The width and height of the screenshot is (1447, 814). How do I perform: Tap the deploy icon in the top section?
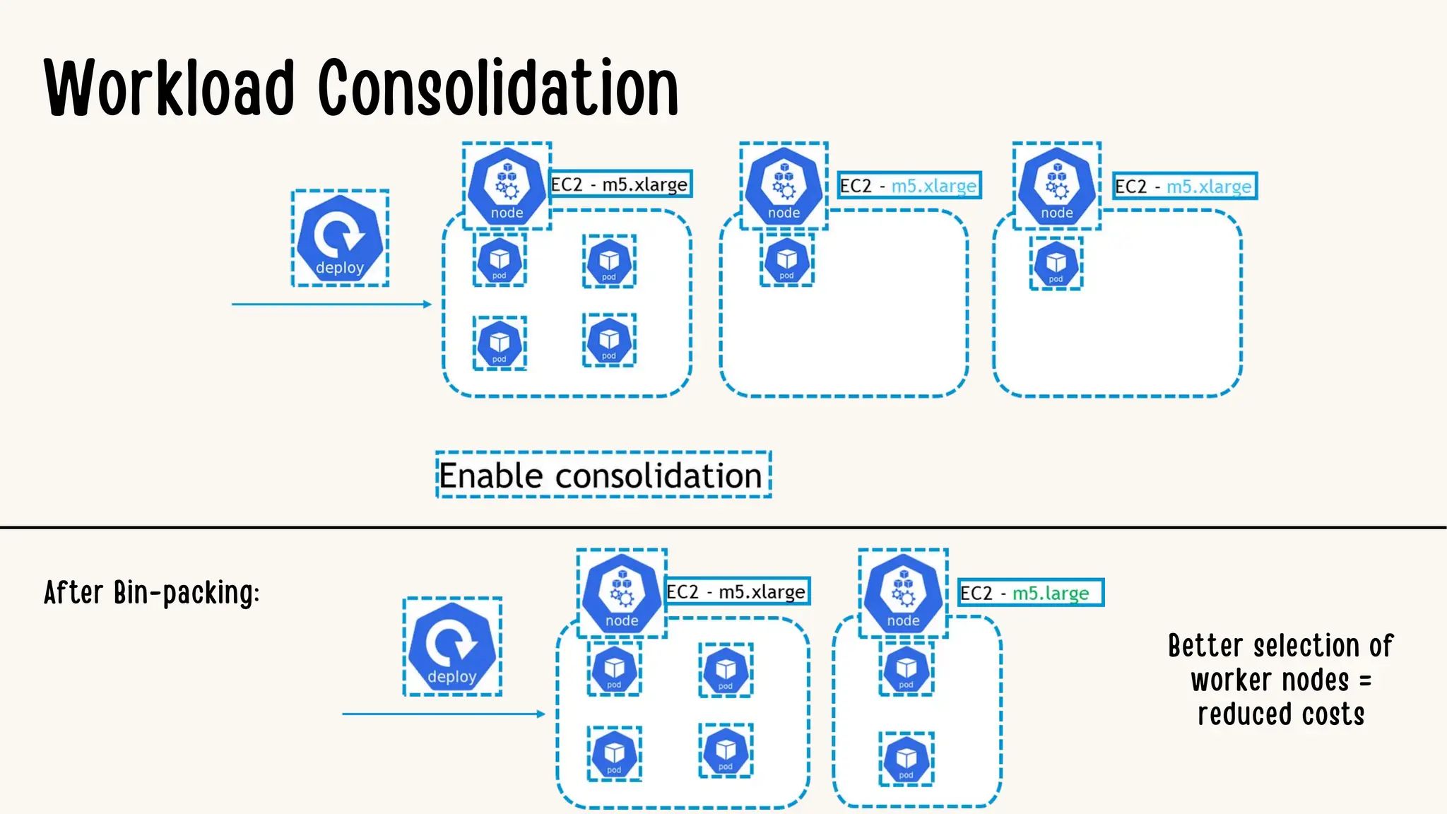coord(340,238)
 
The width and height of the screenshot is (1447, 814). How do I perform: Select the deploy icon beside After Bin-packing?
coord(452,647)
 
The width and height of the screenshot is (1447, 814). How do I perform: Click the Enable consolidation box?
coord(603,475)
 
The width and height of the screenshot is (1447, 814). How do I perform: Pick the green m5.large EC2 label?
coord(1031,593)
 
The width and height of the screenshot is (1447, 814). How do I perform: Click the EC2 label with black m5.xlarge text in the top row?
coord(620,184)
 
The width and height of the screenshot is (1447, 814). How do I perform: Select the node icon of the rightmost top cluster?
coord(1056,186)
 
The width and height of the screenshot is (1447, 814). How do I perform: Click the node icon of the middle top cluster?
coord(784,186)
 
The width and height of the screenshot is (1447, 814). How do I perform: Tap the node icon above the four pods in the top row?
coord(507,186)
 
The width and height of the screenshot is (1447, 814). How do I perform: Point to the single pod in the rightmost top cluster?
coord(1056,264)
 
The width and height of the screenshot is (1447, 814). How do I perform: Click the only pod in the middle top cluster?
coord(786,261)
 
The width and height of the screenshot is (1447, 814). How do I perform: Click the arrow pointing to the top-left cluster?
coord(331,304)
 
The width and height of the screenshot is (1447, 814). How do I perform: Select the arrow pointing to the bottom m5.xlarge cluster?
coord(443,714)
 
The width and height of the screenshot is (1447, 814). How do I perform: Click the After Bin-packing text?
coord(152,592)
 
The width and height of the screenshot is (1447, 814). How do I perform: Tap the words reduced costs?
coord(1280,714)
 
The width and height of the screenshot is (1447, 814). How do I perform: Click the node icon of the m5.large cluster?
coord(903,594)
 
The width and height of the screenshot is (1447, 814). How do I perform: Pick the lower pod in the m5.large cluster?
coord(906,760)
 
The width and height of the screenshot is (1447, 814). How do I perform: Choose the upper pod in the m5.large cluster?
coord(906,668)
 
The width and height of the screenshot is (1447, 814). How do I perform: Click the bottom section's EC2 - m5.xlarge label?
coord(737,591)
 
